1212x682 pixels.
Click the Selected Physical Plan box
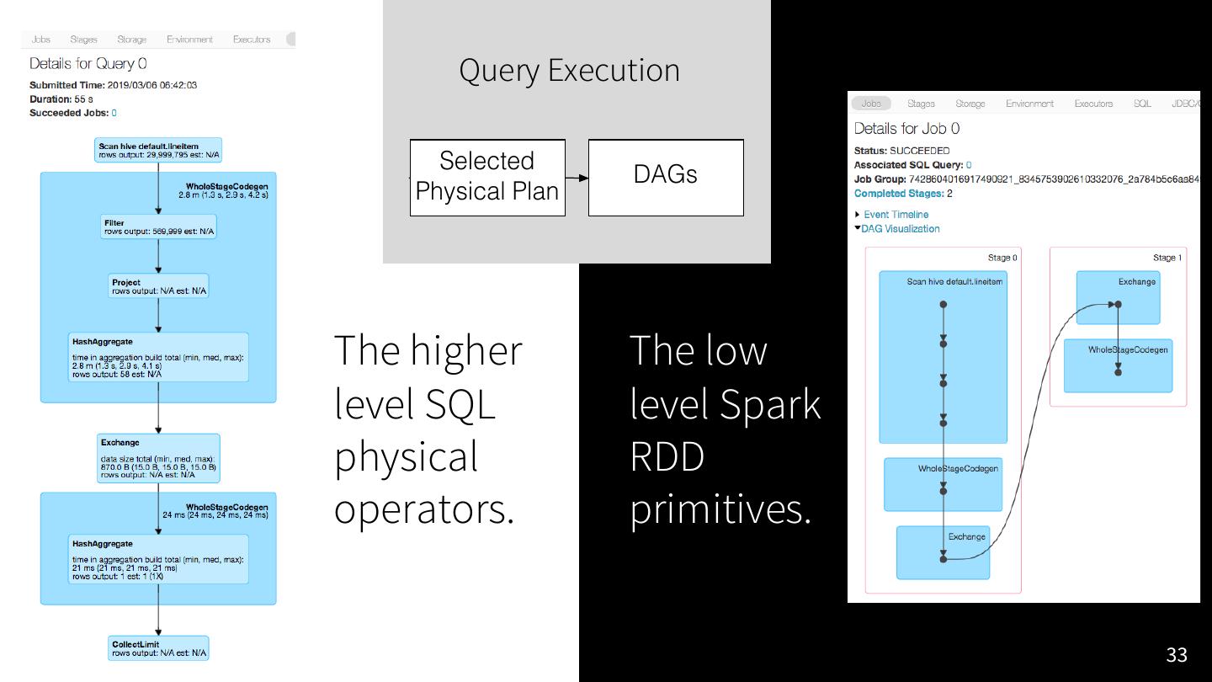[x=487, y=177]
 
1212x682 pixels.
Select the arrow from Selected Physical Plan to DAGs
[x=577, y=178]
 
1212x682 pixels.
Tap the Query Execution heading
[x=569, y=70]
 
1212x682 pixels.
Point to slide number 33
[x=1176, y=655]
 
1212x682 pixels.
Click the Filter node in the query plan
[x=158, y=227]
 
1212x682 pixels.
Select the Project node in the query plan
[x=159, y=286]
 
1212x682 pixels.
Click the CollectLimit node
[x=159, y=648]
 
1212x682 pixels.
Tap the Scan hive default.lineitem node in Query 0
[x=159, y=151]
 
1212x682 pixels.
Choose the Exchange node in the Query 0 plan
[x=158, y=458]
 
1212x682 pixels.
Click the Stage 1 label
[x=1167, y=258]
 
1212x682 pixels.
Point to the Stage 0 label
[x=1002, y=258]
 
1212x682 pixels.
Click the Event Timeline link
[x=896, y=215]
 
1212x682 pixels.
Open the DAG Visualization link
[x=900, y=229]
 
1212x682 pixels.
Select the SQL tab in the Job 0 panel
[x=1142, y=104]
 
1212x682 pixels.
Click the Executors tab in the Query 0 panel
[x=252, y=40]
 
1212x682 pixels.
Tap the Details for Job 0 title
[x=906, y=129]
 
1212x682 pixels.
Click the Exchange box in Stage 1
[x=1118, y=297]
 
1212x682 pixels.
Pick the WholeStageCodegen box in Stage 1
[x=1118, y=365]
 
